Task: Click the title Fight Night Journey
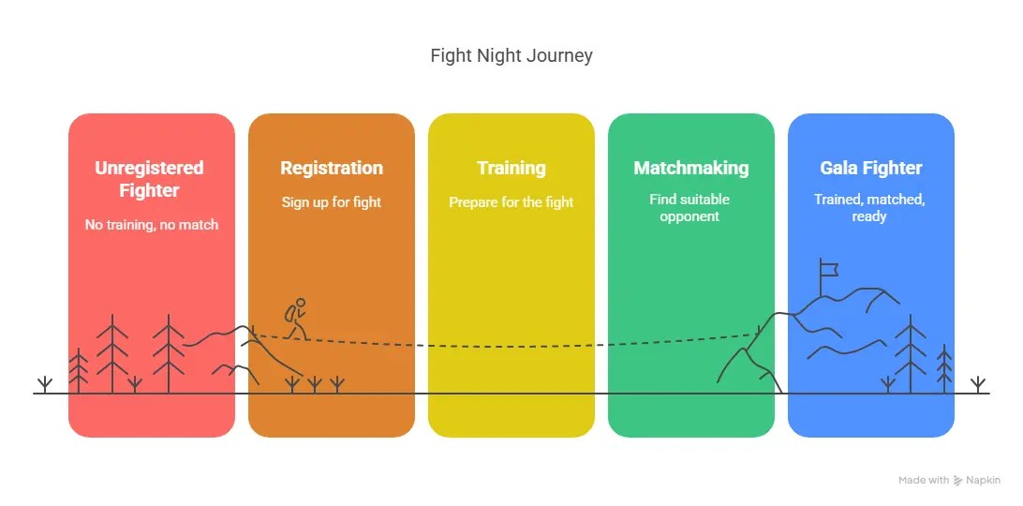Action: pos(511,55)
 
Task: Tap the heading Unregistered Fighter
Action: pos(149,179)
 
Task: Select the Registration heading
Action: pos(332,168)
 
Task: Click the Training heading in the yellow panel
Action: pos(511,168)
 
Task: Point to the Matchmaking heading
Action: pos(690,168)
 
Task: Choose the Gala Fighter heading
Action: pos(870,168)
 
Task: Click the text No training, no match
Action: pos(151,224)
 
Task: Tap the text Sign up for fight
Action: pos(332,201)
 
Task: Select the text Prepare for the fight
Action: pos(511,201)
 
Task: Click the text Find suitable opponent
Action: pos(689,207)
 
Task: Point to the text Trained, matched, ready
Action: pos(870,207)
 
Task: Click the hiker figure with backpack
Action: pos(297,319)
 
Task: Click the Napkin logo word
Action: pos(982,480)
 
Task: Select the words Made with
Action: pos(924,480)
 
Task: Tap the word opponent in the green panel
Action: pos(689,216)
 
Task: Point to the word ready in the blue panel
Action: pos(870,216)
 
